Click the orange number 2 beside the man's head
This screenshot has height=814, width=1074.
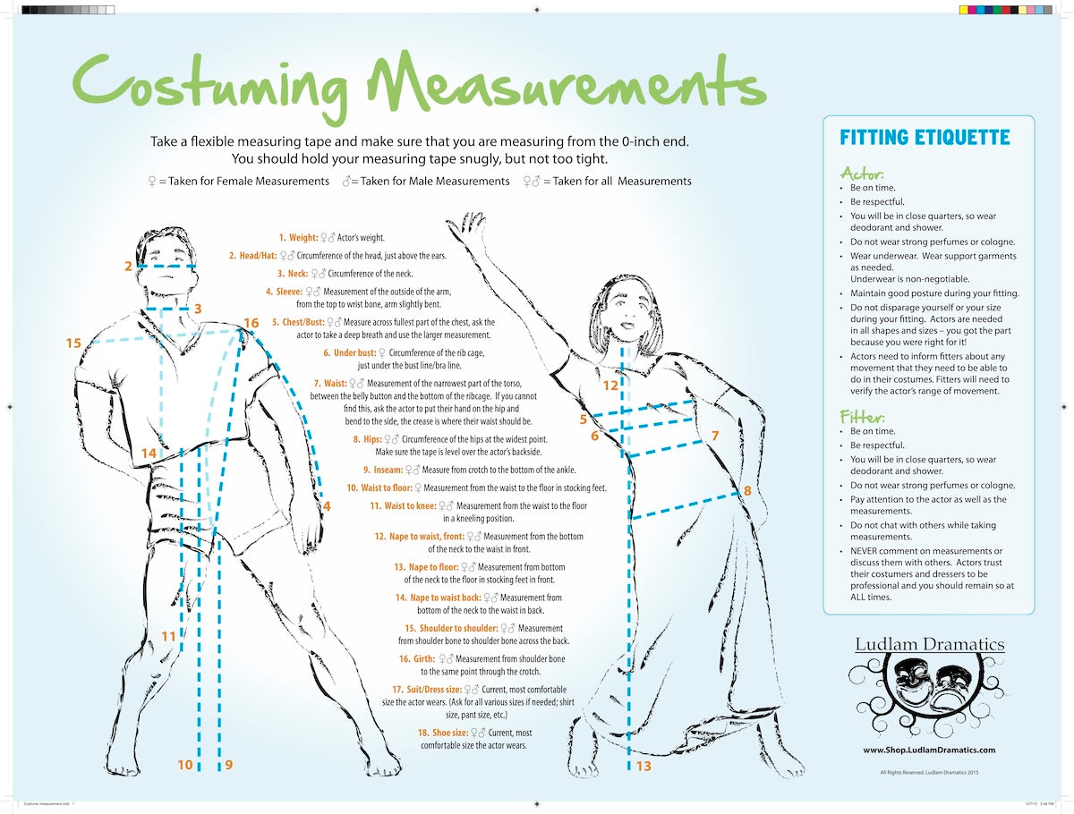[x=128, y=266]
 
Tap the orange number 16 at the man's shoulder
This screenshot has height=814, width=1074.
[x=251, y=323]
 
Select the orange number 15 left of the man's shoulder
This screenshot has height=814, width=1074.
[x=73, y=343]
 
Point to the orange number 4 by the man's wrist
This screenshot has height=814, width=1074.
[x=327, y=506]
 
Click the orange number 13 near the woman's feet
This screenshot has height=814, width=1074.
[x=644, y=766]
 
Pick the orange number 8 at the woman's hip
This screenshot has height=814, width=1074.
[x=747, y=490]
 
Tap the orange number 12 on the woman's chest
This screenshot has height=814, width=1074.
[x=610, y=386]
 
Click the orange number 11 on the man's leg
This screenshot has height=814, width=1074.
[x=168, y=636]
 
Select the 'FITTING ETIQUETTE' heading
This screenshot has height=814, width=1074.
[x=925, y=138]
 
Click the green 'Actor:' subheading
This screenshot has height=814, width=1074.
[x=862, y=173]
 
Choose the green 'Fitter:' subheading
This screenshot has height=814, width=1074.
[x=863, y=417]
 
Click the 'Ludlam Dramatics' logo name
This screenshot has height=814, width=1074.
[x=930, y=644]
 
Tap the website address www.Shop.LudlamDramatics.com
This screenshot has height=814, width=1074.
[x=929, y=750]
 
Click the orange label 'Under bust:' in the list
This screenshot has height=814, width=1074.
[x=350, y=353]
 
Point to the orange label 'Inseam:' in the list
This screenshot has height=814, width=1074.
[x=383, y=470]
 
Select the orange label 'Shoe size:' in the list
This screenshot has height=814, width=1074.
[x=443, y=733]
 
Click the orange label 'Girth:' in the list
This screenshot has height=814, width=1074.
[x=416, y=659]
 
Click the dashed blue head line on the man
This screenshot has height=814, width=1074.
[x=166, y=267]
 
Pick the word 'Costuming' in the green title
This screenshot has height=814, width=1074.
[x=210, y=87]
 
